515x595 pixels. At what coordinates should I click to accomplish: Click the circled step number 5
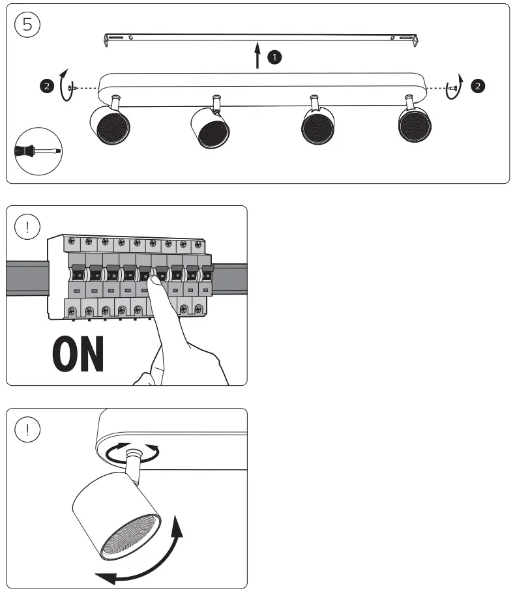(x=27, y=24)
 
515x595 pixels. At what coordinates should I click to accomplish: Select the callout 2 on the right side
(x=479, y=85)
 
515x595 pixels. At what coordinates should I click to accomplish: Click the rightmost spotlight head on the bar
(x=415, y=123)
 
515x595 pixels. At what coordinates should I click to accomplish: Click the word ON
(x=78, y=354)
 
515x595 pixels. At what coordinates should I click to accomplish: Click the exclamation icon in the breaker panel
(x=27, y=227)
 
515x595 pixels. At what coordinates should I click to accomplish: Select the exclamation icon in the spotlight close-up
(x=27, y=429)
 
